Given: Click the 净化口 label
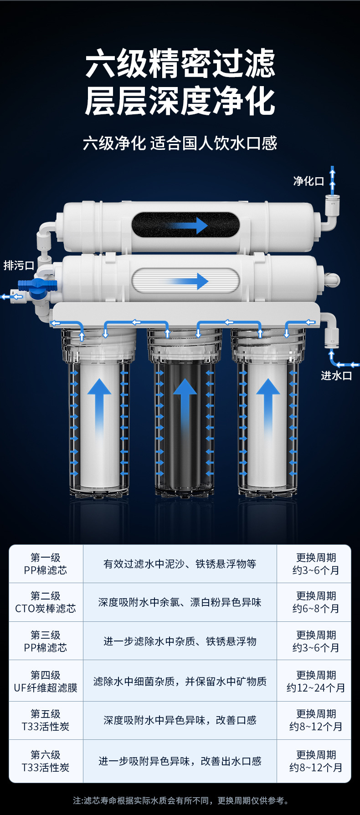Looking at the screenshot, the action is click(x=309, y=181).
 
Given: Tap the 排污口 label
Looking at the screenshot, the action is click(x=19, y=265).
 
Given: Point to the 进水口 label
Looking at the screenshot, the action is click(x=336, y=375).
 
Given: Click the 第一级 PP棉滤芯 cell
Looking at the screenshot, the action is click(x=46, y=564).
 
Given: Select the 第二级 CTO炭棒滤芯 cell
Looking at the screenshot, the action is click(x=46, y=602).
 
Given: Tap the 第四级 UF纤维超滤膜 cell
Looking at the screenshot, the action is click(x=46, y=682).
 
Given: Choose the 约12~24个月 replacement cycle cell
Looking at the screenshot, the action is click(x=315, y=682).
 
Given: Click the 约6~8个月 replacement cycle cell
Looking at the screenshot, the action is click(x=315, y=602).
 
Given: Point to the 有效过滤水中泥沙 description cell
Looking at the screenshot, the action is click(x=180, y=564).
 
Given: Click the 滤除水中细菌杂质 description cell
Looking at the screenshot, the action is click(x=180, y=682).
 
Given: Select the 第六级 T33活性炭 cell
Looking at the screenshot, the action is click(x=46, y=761).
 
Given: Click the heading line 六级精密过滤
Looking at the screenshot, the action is click(x=180, y=64).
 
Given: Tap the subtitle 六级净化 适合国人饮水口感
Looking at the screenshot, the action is click(x=180, y=144).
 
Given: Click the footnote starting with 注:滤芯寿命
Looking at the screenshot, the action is click(x=180, y=800).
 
